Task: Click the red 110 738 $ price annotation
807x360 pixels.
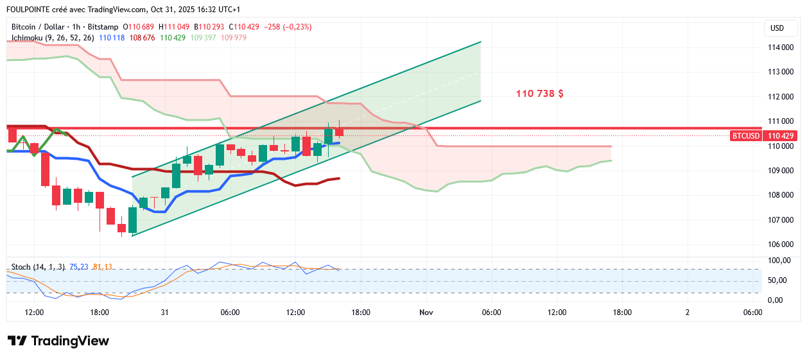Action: click(540, 94)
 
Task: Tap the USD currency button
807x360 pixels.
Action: click(777, 28)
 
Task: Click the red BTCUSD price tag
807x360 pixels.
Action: click(747, 136)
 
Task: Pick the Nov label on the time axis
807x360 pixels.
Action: click(426, 313)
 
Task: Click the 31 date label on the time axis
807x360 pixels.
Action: click(164, 313)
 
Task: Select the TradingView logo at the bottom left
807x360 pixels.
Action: click(58, 341)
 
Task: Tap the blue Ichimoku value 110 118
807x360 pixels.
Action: click(112, 38)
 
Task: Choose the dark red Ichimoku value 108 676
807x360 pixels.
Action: click(143, 38)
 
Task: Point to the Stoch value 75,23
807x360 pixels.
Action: click(78, 267)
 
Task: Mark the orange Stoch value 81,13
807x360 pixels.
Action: click(103, 267)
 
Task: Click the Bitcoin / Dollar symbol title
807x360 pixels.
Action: click(39, 27)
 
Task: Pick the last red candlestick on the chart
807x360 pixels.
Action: click(339, 132)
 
